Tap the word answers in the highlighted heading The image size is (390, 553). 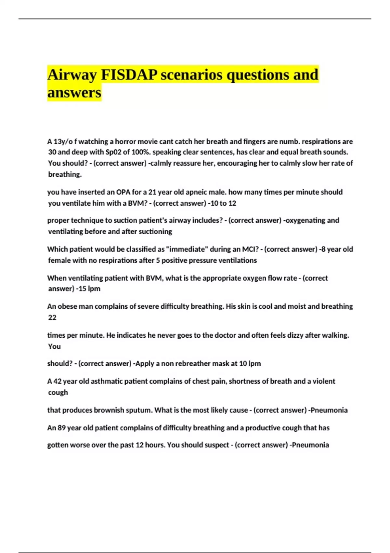(74, 92)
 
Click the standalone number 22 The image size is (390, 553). (52, 317)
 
